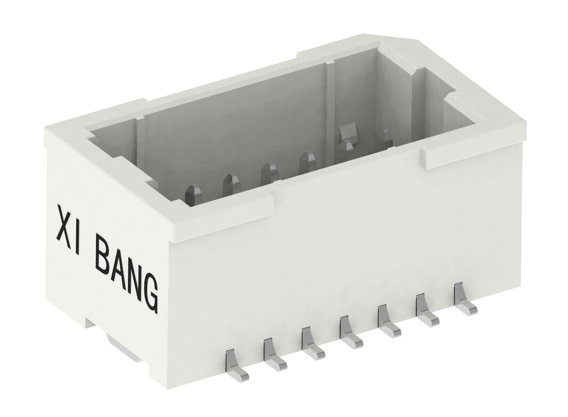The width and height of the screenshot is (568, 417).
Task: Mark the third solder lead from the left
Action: [312, 343]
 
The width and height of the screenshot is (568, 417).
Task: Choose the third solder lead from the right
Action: [388, 321]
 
